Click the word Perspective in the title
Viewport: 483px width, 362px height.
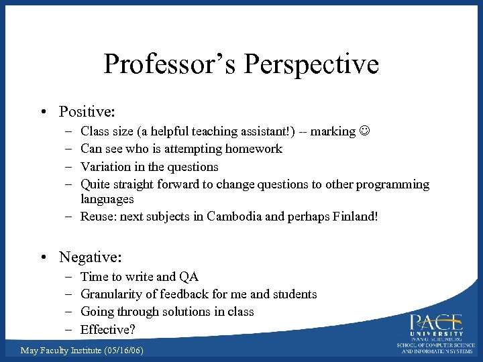click(x=312, y=64)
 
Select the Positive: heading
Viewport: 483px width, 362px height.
click(x=88, y=111)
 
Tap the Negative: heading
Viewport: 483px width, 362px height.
click(x=91, y=257)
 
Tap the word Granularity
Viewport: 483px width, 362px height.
click(x=110, y=294)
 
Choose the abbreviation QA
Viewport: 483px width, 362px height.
click(x=189, y=276)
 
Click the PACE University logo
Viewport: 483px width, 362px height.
click(x=436, y=332)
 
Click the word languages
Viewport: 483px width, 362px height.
click(x=107, y=199)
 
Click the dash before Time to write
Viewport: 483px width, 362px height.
click(x=70, y=276)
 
